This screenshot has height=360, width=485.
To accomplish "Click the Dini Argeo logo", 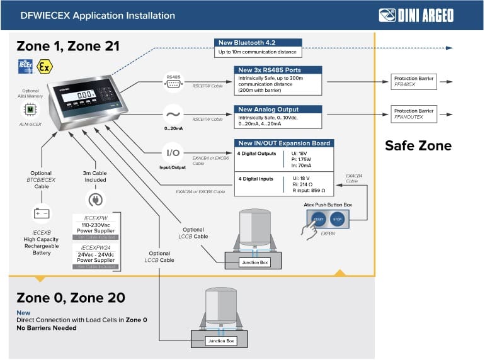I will [416, 15].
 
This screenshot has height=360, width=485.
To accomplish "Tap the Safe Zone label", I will [418, 146].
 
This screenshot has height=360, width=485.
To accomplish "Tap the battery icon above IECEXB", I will [42, 213].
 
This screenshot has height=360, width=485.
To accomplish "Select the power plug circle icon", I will [94, 200].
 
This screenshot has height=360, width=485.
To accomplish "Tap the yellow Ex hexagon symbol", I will [43, 65].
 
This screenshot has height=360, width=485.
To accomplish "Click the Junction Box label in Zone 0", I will [221, 341].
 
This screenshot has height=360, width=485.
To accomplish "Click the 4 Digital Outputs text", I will [256, 154].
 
